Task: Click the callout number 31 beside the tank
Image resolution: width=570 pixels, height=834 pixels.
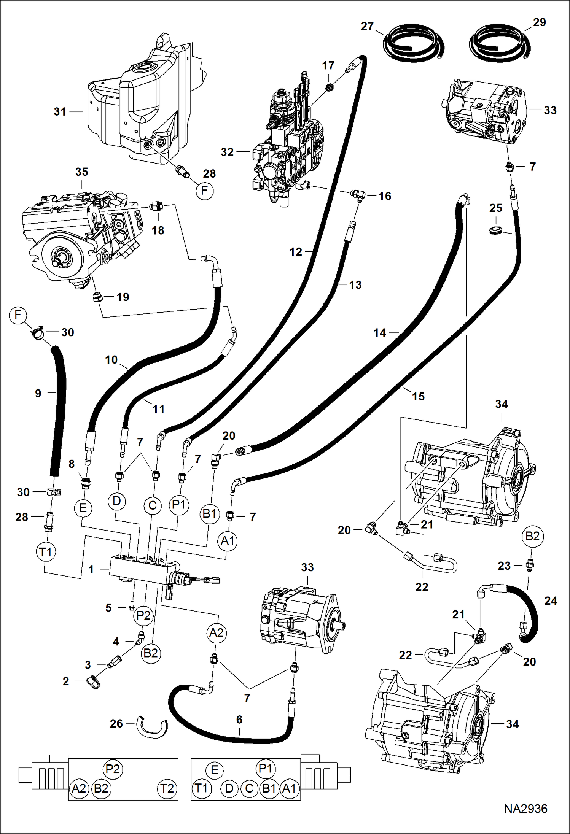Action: [60, 112]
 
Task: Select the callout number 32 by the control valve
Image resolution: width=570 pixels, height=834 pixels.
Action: [227, 152]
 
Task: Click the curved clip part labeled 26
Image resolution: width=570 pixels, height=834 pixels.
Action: [152, 726]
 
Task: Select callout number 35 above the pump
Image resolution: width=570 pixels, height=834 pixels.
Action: [82, 172]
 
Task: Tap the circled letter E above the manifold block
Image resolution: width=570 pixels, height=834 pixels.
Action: [83, 508]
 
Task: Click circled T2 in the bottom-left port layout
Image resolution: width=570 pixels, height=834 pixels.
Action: [167, 789]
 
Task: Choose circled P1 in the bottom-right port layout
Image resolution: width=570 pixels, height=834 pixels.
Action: [265, 769]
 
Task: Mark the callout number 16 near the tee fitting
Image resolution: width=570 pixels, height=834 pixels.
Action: [385, 196]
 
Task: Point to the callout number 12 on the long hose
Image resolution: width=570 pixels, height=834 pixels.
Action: [296, 252]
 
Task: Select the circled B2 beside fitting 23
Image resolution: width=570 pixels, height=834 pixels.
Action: [532, 536]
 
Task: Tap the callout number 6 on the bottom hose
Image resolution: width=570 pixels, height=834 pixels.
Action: [239, 720]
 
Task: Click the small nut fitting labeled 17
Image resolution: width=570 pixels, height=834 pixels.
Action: [328, 88]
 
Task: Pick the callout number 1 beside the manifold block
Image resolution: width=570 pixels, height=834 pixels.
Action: [91, 569]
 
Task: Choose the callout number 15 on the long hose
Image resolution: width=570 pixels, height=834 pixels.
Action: [418, 396]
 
